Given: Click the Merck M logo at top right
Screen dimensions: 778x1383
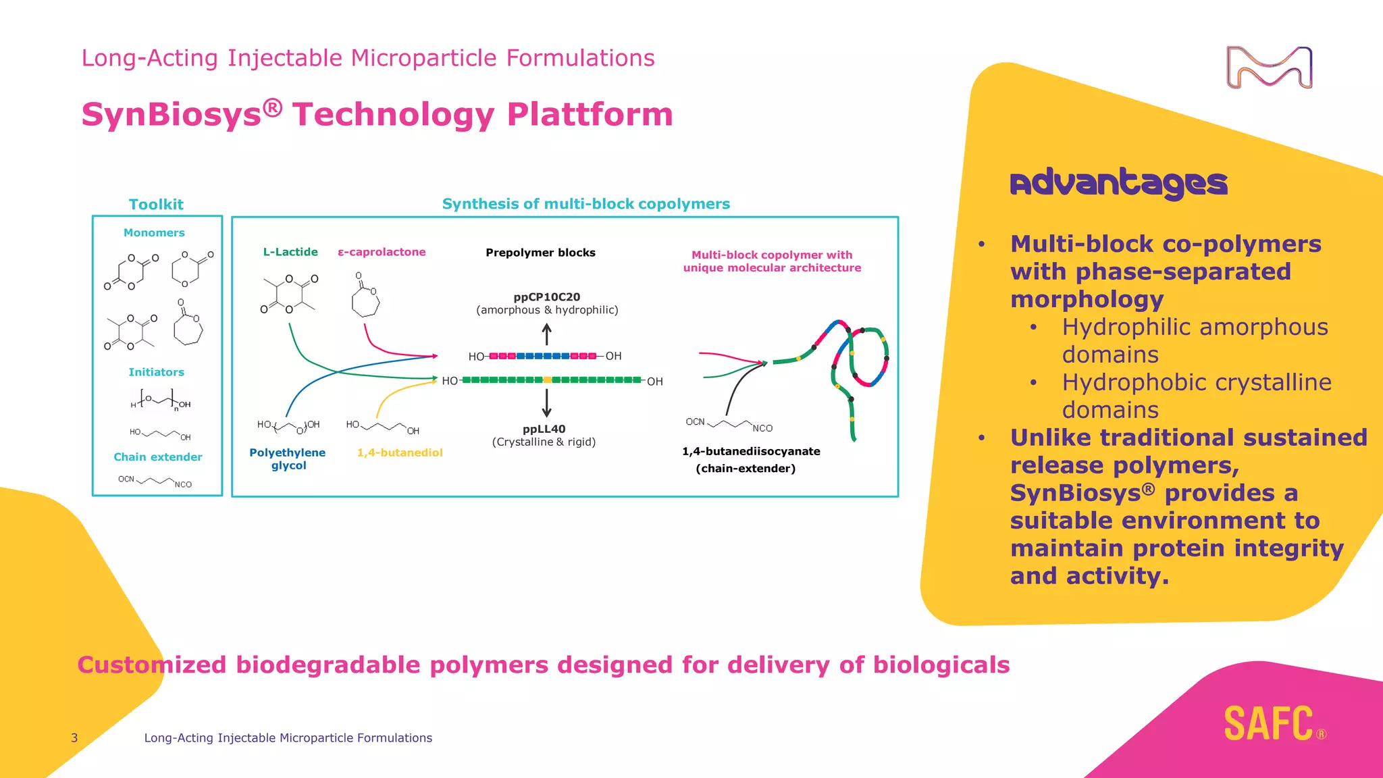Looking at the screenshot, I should (x=1269, y=68).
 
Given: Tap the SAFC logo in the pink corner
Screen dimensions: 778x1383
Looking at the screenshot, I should (x=1270, y=724).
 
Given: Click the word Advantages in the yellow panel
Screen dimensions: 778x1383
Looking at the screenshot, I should (x=1118, y=183).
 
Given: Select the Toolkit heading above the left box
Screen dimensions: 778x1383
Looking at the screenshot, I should (x=156, y=205).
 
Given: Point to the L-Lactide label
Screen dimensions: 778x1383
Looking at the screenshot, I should (x=290, y=252).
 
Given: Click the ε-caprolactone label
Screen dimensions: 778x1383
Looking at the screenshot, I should (x=382, y=252).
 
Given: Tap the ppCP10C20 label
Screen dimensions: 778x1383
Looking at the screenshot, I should (x=546, y=297).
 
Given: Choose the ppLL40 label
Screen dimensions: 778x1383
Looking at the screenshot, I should (x=544, y=429).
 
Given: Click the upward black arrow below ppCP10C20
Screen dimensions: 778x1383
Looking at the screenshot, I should (x=547, y=334).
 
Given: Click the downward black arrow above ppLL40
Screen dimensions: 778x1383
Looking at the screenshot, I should (x=547, y=403).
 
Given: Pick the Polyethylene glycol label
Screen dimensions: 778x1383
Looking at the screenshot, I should (x=288, y=459).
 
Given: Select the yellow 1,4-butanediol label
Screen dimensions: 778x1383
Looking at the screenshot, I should (x=400, y=452).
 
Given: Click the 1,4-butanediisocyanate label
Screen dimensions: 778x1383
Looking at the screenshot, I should (x=751, y=451).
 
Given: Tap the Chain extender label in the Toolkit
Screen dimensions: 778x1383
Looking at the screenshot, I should (x=158, y=457).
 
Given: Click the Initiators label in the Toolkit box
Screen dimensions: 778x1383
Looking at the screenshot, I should (x=156, y=372).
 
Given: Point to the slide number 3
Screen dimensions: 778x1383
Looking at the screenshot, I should (x=74, y=738).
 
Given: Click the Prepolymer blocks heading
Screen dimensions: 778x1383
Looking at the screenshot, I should (x=540, y=253).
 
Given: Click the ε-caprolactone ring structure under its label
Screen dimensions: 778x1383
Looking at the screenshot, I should (x=365, y=301).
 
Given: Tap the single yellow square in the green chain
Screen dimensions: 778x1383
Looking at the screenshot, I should (x=547, y=380).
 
